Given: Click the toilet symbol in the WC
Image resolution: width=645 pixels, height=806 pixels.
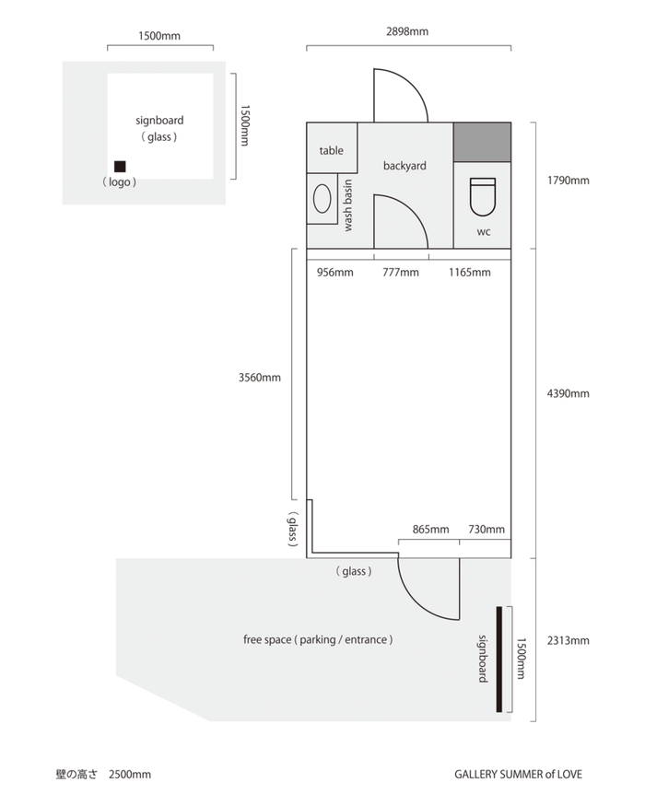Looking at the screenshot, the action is (483, 197).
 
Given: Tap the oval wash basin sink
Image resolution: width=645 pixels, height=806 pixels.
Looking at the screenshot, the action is (322, 198).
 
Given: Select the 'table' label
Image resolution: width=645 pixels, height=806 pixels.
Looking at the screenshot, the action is (331, 151).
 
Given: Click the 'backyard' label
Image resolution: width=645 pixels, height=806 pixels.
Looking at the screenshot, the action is (405, 166).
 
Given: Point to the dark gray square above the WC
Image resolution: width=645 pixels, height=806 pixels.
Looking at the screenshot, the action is (482, 143).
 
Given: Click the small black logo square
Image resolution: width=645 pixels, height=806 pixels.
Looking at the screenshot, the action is (120, 167).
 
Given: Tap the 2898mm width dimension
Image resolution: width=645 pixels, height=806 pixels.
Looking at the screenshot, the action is (407, 31).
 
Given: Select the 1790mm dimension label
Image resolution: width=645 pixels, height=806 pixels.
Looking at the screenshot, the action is (569, 181).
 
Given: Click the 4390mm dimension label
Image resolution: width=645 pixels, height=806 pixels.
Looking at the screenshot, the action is (569, 393).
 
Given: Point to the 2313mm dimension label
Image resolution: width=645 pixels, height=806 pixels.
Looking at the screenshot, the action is (569, 640).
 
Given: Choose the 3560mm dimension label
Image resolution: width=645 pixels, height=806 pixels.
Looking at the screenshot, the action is (260, 378).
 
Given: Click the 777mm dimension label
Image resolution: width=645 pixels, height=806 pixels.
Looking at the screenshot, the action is (401, 273).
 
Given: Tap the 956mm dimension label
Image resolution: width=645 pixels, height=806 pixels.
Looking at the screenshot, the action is (335, 273).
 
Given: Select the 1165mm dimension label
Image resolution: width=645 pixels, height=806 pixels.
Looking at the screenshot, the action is (470, 273).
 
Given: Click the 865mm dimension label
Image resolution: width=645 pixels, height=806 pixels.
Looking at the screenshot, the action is (431, 530).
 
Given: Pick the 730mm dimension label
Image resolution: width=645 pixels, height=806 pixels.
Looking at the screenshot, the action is (487, 530).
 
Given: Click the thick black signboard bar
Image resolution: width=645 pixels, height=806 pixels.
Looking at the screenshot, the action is (498, 660).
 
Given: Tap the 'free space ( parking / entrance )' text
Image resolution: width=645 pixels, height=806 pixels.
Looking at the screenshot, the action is (318, 640).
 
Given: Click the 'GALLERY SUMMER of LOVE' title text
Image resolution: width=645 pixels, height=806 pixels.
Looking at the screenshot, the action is (519, 775).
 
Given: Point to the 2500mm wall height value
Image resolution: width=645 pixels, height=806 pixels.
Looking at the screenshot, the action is (130, 775).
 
